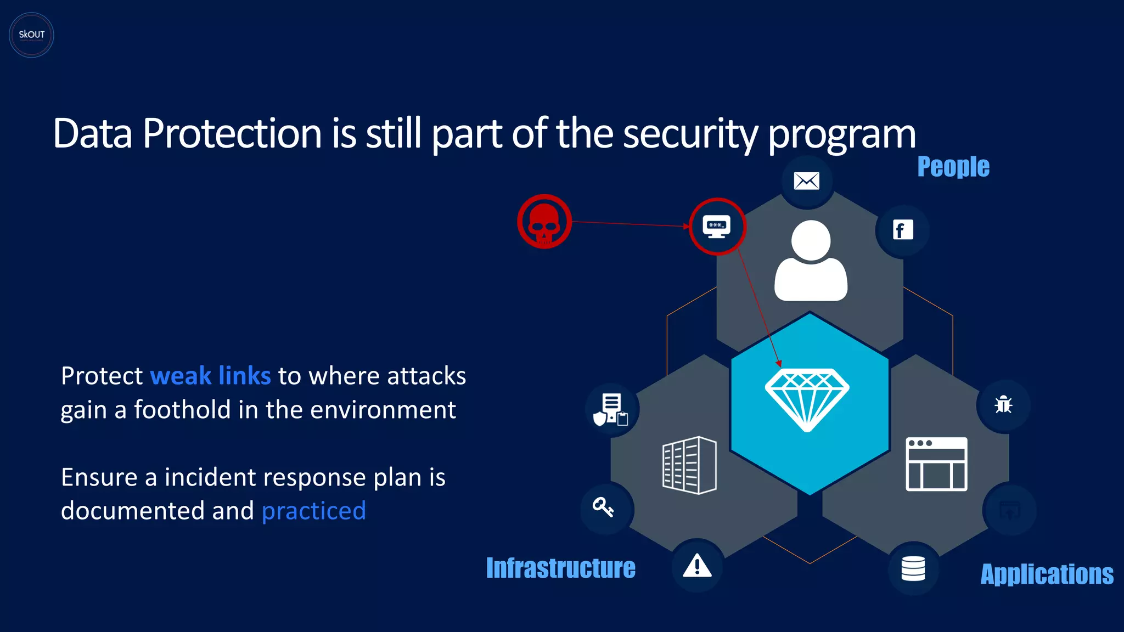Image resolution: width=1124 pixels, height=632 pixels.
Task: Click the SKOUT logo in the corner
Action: click(x=31, y=35)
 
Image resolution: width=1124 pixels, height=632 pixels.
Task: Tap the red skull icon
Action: click(x=544, y=222)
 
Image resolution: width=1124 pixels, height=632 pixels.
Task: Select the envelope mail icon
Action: click(x=806, y=180)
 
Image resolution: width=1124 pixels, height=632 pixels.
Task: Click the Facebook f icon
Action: click(x=902, y=230)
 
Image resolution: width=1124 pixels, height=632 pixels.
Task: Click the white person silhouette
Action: click(x=811, y=261)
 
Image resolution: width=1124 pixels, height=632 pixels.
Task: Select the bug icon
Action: click(x=1003, y=405)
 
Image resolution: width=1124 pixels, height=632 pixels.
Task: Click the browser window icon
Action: click(x=936, y=464)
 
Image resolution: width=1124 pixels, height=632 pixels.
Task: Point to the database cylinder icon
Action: click(x=913, y=568)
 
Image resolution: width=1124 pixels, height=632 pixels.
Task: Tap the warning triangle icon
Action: click(x=697, y=566)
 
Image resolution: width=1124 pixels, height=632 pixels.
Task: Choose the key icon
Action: click(x=603, y=507)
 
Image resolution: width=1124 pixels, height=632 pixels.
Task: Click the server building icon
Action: click(x=689, y=465)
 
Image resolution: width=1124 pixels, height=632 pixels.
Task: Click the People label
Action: click(x=953, y=166)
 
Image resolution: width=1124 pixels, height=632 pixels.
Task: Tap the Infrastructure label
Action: click(x=560, y=568)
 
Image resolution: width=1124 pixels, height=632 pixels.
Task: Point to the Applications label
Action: click(x=1047, y=574)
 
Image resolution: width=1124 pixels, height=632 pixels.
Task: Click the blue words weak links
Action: click(x=210, y=376)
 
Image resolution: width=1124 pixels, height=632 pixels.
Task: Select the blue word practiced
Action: click(x=313, y=511)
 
